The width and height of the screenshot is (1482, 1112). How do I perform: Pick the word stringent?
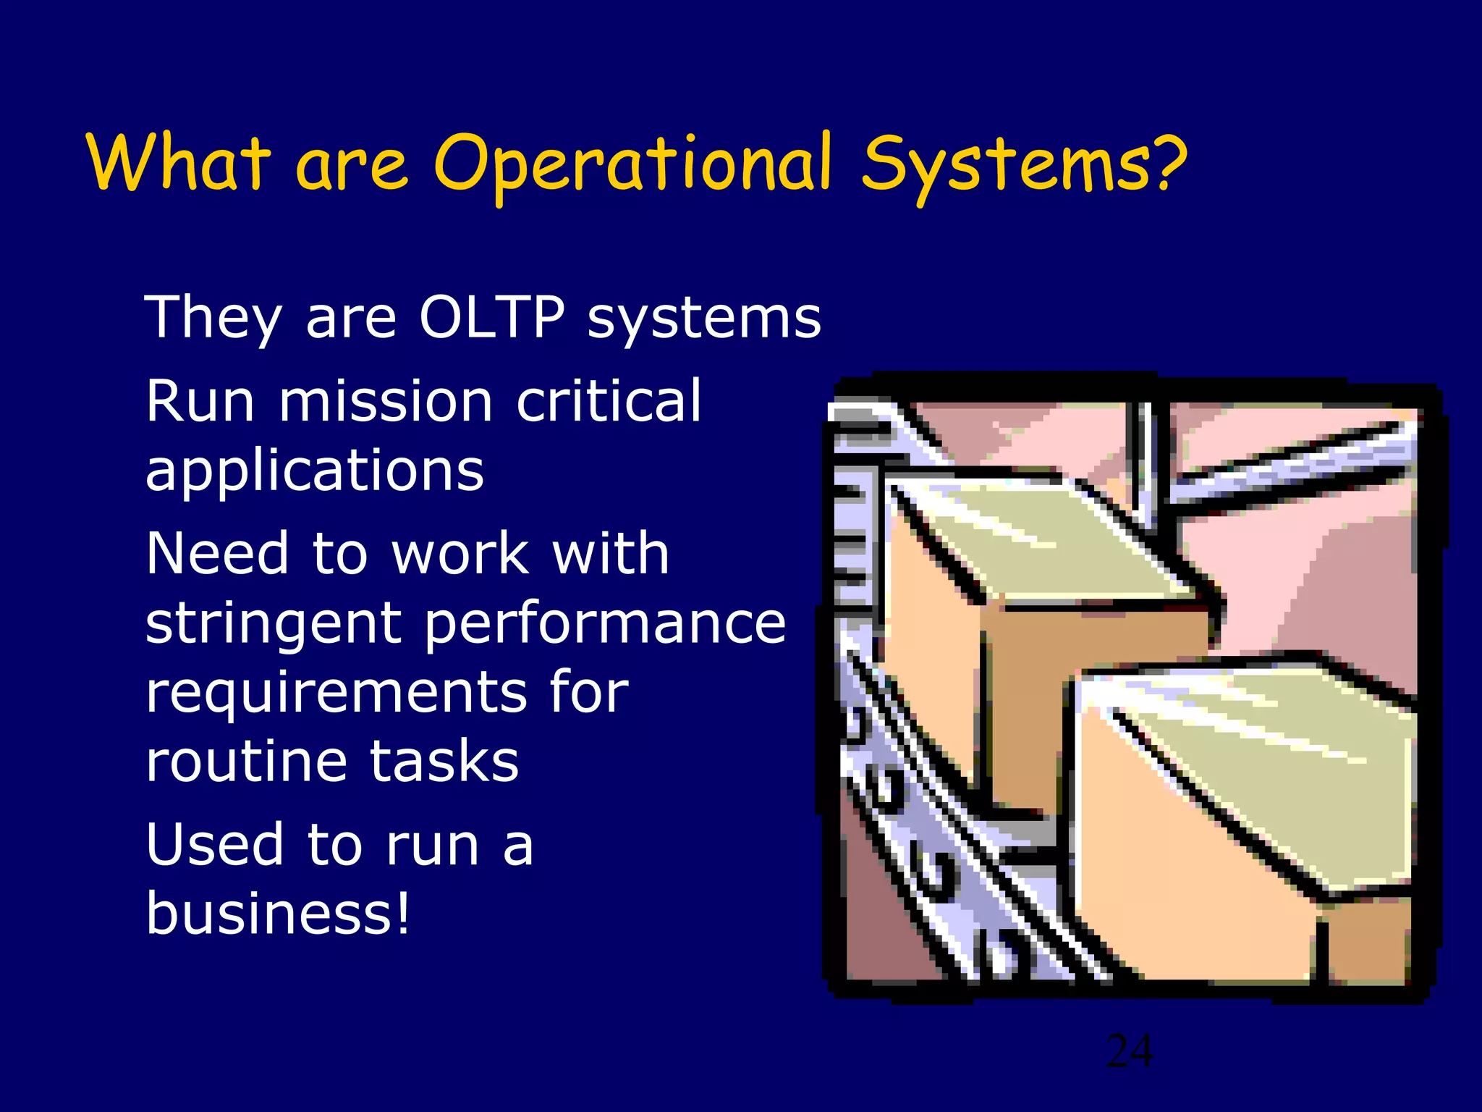pos(274,624)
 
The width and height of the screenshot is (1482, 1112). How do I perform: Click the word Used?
pos(215,844)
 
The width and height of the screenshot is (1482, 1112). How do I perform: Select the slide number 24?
pos(1130,1051)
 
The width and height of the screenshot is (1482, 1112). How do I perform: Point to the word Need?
pos(217,554)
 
